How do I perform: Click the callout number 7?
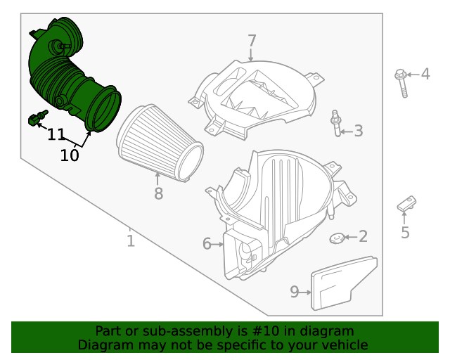252,41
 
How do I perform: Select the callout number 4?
425,74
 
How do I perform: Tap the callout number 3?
358,130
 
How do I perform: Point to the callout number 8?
158,193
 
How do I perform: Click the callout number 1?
131,241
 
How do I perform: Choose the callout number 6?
207,244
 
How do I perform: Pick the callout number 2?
363,237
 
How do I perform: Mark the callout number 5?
405,233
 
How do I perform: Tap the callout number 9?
295,291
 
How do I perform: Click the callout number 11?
56,134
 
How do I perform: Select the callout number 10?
70,155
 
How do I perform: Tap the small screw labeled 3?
336,124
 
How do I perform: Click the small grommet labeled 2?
337,239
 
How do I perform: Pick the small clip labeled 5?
405,205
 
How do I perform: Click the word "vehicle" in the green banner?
342,345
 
